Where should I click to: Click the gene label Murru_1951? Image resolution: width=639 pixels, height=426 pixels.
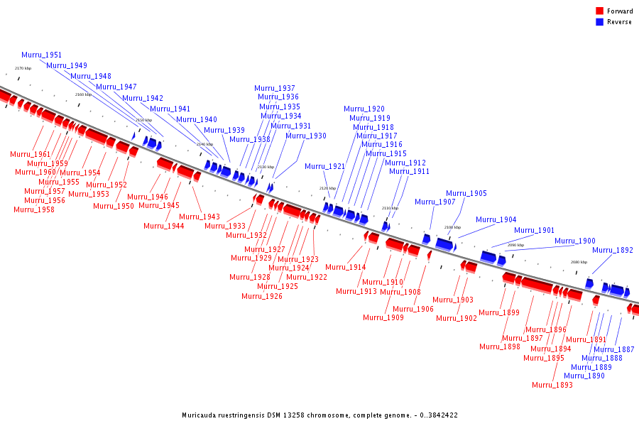[x=41, y=55]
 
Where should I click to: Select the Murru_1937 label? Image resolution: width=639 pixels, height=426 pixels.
[x=275, y=89]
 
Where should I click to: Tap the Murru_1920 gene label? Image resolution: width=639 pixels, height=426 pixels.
[x=364, y=109]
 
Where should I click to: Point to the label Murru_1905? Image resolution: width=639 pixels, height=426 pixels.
[x=466, y=193]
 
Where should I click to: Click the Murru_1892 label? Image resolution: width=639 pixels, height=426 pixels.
[x=613, y=250]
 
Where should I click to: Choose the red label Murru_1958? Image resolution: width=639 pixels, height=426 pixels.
[x=34, y=209]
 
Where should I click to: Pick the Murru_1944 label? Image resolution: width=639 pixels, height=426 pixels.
[x=164, y=226]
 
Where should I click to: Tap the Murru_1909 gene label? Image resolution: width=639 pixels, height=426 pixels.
[x=383, y=317]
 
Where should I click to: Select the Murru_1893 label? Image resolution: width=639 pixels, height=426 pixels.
[x=552, y=385]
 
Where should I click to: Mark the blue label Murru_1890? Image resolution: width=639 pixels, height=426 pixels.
[x=584, y=376]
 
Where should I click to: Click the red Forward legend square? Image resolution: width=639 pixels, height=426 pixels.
[x=600, y=11]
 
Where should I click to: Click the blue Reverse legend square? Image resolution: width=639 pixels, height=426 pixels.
[x=600, y=22]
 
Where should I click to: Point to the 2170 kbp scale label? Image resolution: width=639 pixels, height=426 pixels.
[x=23, y=68]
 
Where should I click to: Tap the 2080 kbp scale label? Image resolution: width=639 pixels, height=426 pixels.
[x=579, y=262]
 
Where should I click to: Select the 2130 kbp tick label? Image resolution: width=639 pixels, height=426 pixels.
[x=266, y=167]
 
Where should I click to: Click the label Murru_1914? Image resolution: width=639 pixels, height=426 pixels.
[x=346, y=268]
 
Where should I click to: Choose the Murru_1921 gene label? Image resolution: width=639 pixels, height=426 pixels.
[x=325, y=167]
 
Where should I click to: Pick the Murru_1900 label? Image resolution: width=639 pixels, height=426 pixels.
[x=575, y=241]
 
